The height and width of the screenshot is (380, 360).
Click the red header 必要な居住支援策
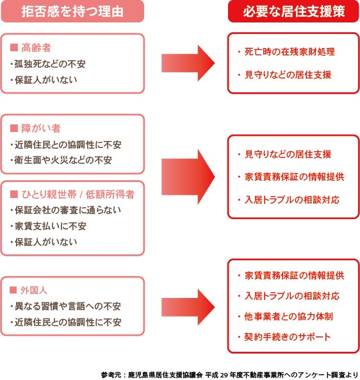[294, 12]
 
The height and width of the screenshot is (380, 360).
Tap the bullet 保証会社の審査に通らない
[65, 210]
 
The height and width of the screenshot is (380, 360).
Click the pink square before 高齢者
[14, 48]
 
